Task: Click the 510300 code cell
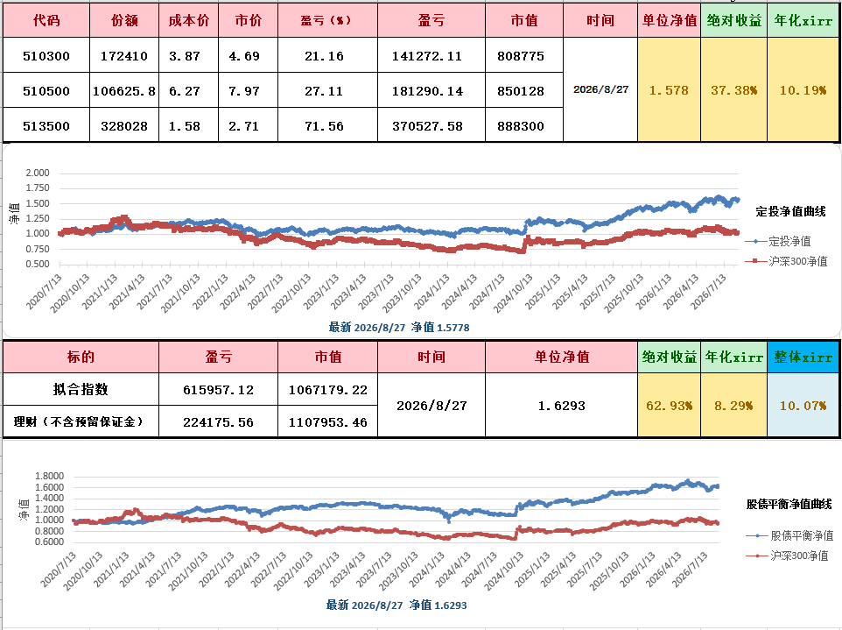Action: (46, 56)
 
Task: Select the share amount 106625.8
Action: (124, 91)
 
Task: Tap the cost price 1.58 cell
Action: (184, 126)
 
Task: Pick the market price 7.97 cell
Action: (244, 91)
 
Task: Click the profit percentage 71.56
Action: (324, 126)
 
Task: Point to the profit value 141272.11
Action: (427, 56)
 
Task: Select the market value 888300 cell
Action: (521, 126)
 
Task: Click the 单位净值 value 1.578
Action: (669, 90)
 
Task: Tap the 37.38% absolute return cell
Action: (734, 90)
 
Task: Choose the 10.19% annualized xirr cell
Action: (803, 90)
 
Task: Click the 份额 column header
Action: (124, 20)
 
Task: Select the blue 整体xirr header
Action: (803, 357)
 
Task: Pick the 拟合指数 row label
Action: (81, 389)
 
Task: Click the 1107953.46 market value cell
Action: (327, 422)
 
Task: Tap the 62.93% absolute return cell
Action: (669, 406)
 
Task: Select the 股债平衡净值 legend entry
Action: (789, 535)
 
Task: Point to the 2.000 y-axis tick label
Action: (38, 173)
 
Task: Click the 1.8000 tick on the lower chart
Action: (49, 476)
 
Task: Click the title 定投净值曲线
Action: (790, 212)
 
